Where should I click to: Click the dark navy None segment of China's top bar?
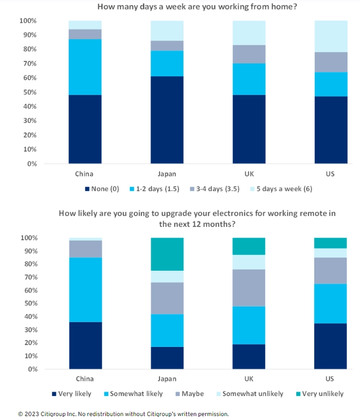[85, 129]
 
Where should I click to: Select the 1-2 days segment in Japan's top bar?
[167, 63]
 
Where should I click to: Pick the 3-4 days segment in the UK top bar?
[249, 54]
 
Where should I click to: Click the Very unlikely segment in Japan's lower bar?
[167, 254]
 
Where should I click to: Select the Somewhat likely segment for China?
[85, 290]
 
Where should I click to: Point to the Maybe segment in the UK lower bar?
[249, 288]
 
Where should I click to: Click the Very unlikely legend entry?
[319, 394]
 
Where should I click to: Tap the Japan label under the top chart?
[167, 173]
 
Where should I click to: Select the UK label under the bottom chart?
[249, 379]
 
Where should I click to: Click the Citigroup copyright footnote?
[123, 413]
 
